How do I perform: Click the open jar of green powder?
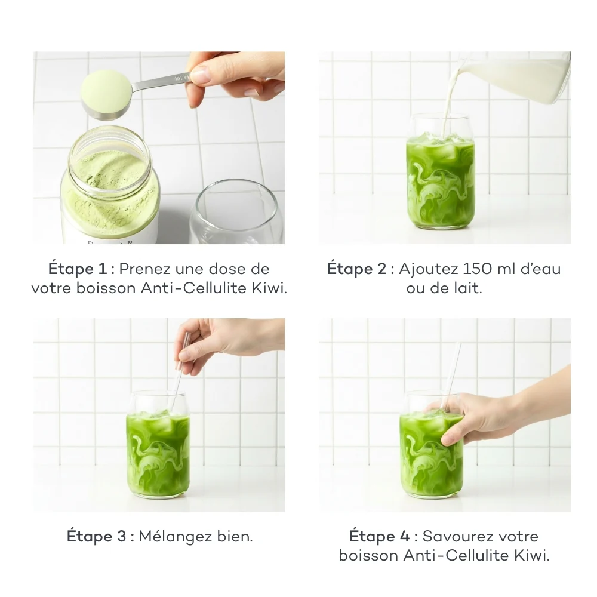coord(110,188)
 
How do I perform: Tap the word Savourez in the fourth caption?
coord(458,536)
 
